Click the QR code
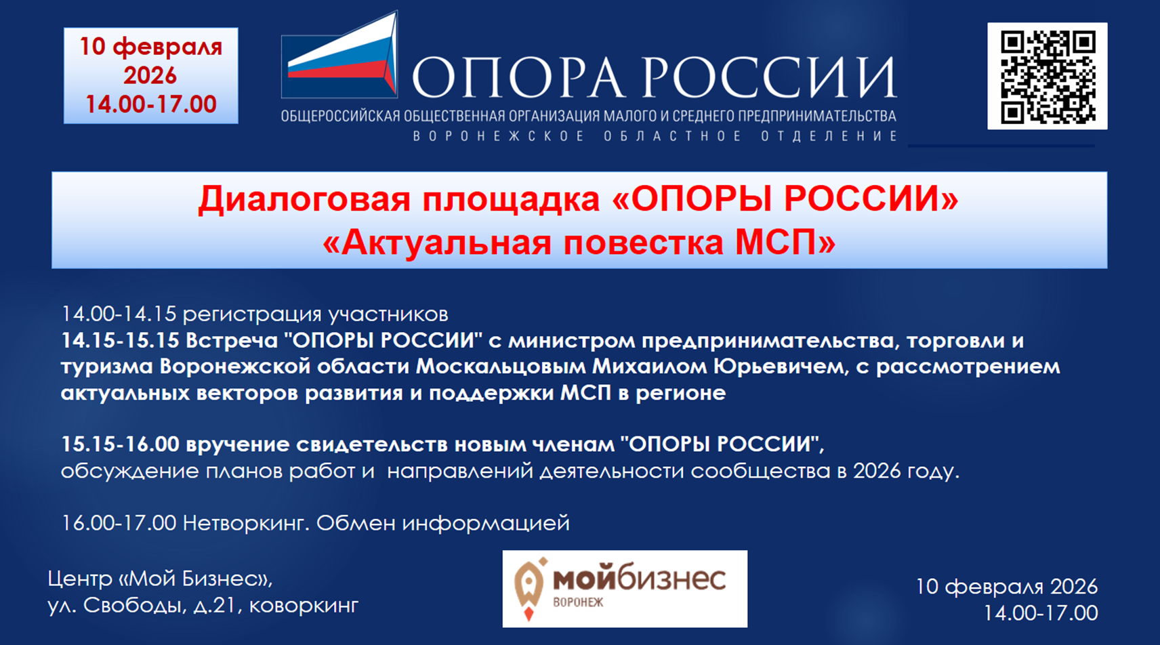point(1047,76)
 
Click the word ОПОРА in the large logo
point(518,77)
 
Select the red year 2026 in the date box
point(150,75)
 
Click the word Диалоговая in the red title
point(304,199)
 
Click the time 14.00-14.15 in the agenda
point(119,314)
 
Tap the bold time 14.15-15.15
point(120,340)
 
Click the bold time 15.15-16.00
point(120,444)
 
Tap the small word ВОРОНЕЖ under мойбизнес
point(578,602)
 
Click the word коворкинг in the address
point(304,605)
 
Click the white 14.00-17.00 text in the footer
point(1040,613)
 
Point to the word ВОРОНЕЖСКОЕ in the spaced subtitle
point(499,136)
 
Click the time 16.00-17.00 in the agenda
point(119,523)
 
